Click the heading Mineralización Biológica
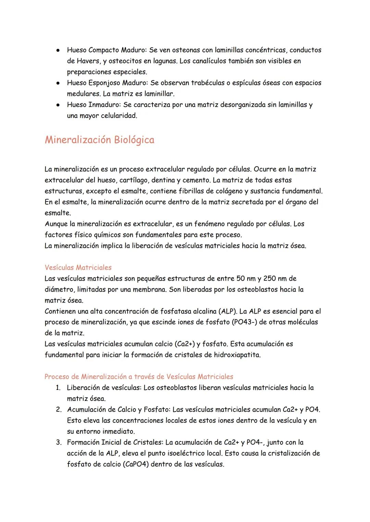pyautogui.click(x=99, y=140)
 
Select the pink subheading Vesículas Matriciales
pyautogui.click(x=78, y=267)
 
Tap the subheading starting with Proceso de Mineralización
pyautogui.click(x=139, y=377)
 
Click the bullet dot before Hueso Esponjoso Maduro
pyautogui.click(x=59, y=83)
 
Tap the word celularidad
pyautogui.click(x=118, y=116)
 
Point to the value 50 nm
pyautogui.click(x=246, y=279)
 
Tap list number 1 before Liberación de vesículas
pyautogui.click(x=58, y=388)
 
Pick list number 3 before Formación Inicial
pyautogui.click(x=59, y=443)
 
